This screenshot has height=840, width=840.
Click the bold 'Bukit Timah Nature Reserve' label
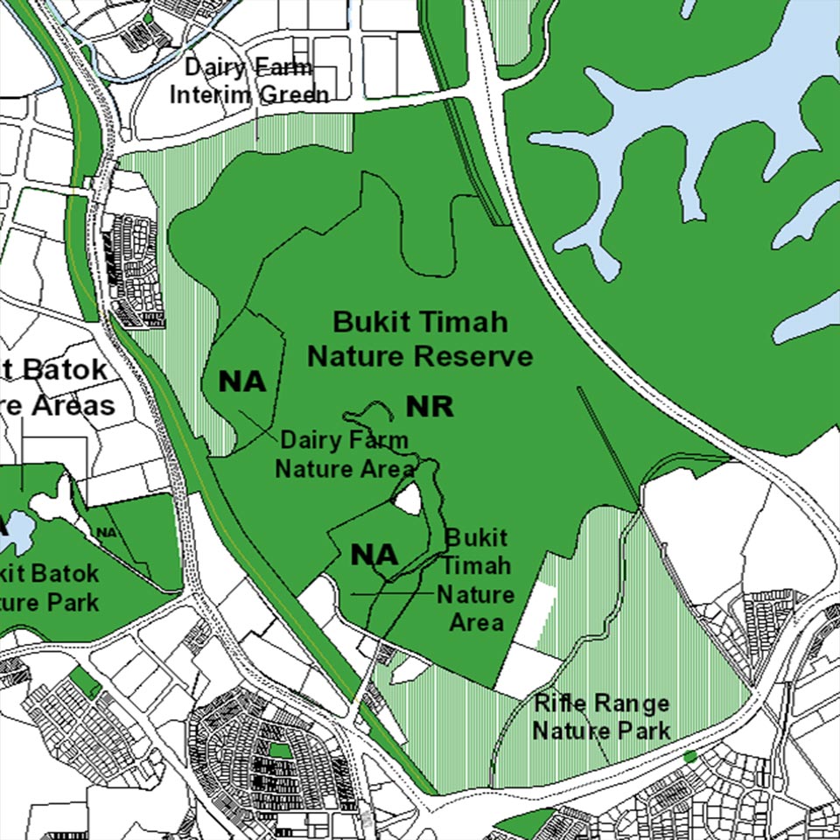click(x=420, y=339)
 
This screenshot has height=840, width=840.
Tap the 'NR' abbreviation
click(x=429, y=406)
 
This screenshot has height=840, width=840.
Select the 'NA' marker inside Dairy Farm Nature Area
click(x=241, y=382)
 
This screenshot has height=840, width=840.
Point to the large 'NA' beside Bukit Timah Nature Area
click(x=374, y=555)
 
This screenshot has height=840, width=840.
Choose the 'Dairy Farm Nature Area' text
click(x=344, y=454)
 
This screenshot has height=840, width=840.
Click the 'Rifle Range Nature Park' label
click(x=601, y=717)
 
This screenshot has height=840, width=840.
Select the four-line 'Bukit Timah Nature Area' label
click(x=476, y=579)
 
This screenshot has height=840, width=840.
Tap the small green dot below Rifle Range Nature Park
click(x=689, y=756)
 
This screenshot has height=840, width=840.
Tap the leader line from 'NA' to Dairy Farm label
click(x=260, y=424)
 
